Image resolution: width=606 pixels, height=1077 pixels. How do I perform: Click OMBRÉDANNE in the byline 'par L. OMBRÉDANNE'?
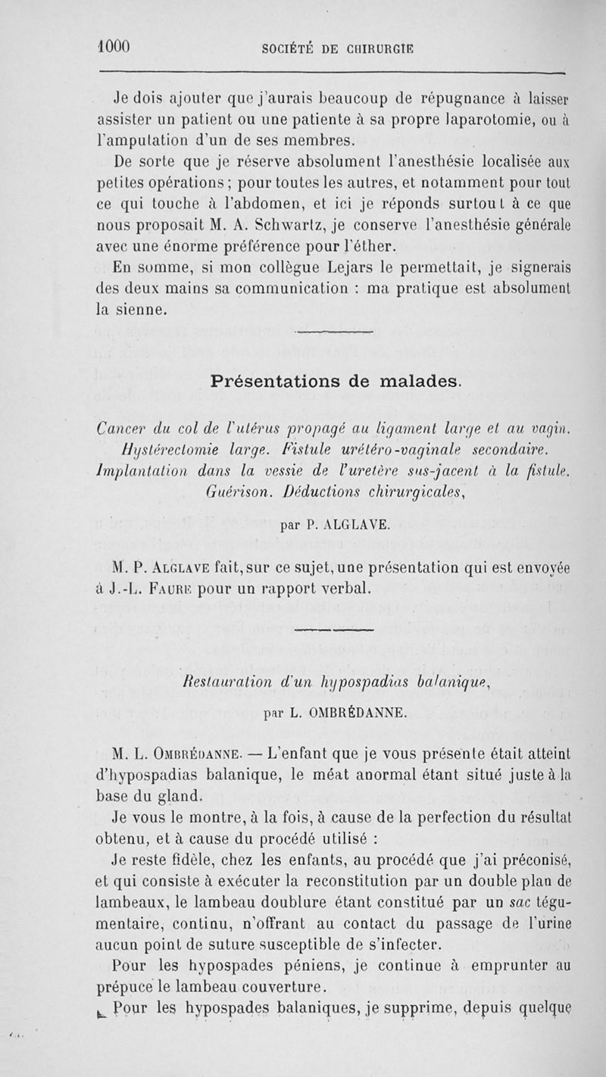coord(355,711)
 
